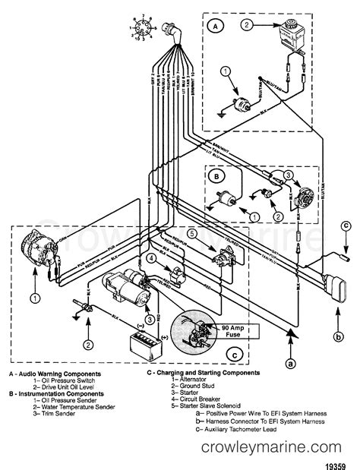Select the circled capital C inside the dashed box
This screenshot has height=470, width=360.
click(236, 352)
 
